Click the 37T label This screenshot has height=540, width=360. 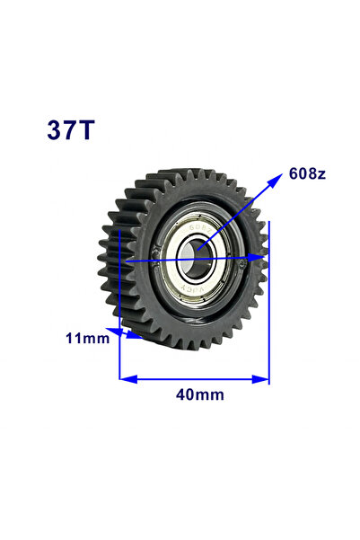[71, 130]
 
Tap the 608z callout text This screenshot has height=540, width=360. [307, 173]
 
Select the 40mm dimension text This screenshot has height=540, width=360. [200, 394]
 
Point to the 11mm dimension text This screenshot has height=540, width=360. [87, 338]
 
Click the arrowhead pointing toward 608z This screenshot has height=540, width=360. [276, 180]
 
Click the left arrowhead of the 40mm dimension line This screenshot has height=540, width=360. [128, 379]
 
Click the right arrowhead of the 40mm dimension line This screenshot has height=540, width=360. [260, 379]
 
